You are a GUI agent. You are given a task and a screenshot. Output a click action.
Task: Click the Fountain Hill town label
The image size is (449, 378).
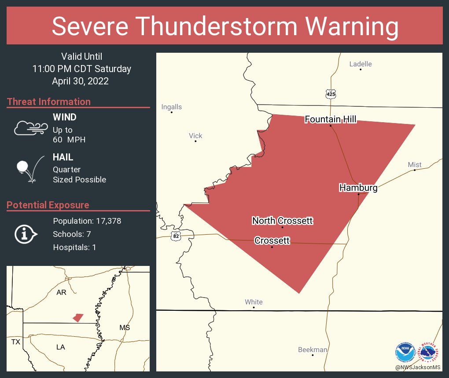coord(330,119)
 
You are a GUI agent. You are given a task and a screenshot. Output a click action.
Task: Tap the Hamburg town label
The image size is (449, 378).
coord(358,188)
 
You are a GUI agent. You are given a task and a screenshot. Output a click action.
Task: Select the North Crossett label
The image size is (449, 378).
coord(282,221)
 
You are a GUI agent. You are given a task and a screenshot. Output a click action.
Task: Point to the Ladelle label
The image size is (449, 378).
coord(360,64)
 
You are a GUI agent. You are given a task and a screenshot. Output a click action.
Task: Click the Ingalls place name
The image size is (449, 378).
coord(171,107)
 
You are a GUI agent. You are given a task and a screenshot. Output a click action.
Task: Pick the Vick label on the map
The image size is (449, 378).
coord(195,136)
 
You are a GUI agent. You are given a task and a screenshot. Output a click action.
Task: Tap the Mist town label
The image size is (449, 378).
coord(414,165)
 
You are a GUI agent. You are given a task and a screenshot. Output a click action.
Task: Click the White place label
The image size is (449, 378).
coord(254,302)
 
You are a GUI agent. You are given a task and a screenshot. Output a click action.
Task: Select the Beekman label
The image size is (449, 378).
coord(313,350)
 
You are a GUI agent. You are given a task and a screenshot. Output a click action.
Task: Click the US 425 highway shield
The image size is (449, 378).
coord(331,94)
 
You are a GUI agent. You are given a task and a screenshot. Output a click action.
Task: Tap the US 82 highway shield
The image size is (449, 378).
coord(176,236)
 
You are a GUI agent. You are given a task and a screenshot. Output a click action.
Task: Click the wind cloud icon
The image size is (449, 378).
coord(30,128)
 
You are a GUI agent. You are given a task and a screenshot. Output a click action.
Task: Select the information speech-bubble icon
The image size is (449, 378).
coord(26,234)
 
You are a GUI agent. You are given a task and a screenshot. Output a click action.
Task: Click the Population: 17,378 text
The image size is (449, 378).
coord(87,221)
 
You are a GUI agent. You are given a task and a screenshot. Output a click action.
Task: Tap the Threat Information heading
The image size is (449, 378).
coord(48,102)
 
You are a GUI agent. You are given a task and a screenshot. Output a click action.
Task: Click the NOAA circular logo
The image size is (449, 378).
coord(405,352)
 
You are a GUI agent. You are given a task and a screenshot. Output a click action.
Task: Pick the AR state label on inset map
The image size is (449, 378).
coord(61,292)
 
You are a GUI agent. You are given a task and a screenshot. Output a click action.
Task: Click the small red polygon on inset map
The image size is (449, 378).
coord(78,317)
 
